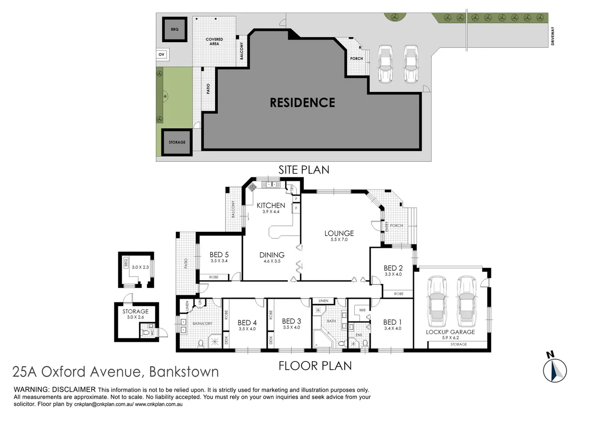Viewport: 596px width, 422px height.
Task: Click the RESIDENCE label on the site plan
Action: pyautogui.click(x=302, y=103)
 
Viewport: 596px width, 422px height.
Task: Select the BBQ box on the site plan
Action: pyautogui.click(x=174, y=29)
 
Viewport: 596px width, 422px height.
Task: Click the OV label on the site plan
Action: pyautogui.click(x=162, y=55)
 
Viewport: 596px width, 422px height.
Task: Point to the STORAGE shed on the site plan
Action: pyautogui.click(x=177, y=142)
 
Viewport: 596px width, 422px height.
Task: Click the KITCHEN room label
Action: pyautogui.click(x=271, y=205)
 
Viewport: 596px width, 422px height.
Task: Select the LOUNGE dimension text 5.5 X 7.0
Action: pyautogui.click(x=339, y=240)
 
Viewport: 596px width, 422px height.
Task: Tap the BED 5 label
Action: pyautogui.click(x=219, y=255)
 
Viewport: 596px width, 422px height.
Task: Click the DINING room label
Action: pyautogui.click(x=272, y=255)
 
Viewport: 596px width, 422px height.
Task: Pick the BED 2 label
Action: pyautogui.click(x=393, y=268)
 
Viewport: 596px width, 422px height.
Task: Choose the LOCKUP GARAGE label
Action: pyautogui.click(x=450, y=332)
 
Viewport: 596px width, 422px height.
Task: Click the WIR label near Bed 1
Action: pyautogui.click(x=363, y=310)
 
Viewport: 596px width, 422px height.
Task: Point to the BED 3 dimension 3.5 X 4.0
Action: pyautogui.click(x=292, y=327)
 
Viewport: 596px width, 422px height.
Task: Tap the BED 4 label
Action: pyautogui.click(x=247, y=322)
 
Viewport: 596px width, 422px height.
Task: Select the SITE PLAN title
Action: pyautogui.click(x=304, y=170)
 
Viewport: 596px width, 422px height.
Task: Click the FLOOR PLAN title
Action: pyautogui.click(x=315, y=366)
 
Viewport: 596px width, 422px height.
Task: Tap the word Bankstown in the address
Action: pyautogui.click(x=184, y=372)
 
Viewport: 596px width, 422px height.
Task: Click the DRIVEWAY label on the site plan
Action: pyautogui.click(x=553, y=36)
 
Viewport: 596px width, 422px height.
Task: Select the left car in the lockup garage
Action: pyautogui.click(x=436, y=302)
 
